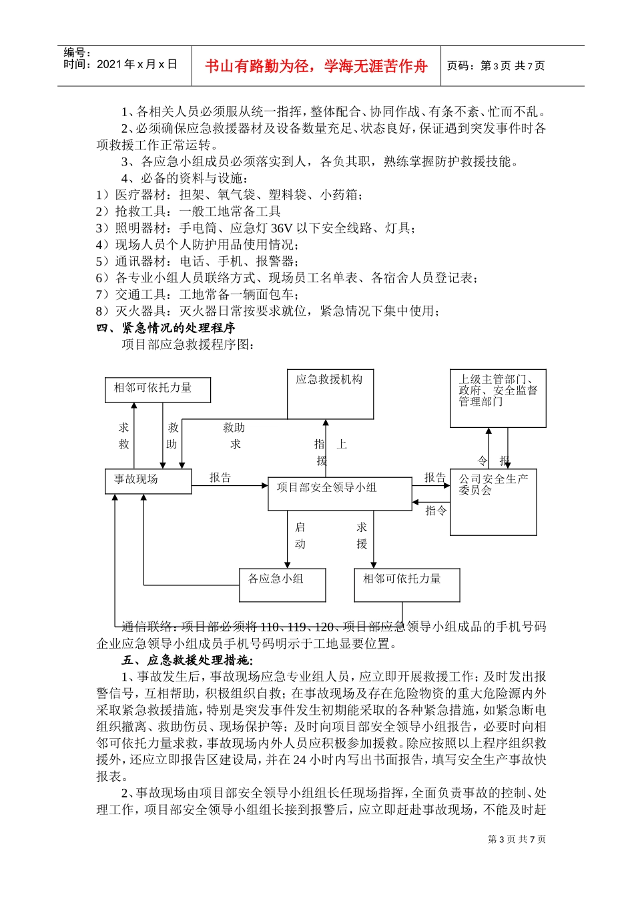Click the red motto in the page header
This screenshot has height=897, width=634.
[316, 66]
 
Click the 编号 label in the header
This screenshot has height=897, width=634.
[77, 52]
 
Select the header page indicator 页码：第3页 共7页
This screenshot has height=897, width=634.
[495, 65]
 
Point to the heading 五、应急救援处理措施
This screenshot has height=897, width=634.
[186, 660]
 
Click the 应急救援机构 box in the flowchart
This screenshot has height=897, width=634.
[330, 394]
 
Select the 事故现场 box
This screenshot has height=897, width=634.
[148, 481]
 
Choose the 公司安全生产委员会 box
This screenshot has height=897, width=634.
[493, 502]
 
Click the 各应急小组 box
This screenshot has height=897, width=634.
[282, 585]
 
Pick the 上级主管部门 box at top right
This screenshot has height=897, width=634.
[498, 398]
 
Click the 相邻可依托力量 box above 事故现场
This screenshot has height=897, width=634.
[157, 390]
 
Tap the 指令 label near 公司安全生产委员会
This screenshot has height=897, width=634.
[436, 511]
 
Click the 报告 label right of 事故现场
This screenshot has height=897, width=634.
[220, 477]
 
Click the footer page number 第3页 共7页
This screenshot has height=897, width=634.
[517, 839]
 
